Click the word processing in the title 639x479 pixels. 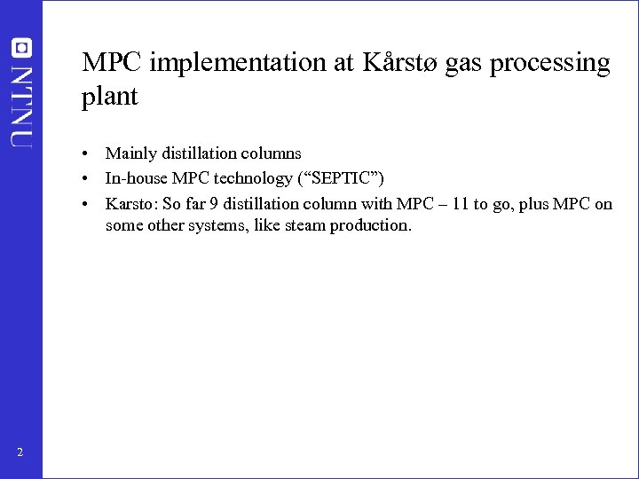559,63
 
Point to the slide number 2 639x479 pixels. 20,454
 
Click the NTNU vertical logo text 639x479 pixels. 21,103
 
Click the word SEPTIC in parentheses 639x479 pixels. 349,179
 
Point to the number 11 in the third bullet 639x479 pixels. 458,205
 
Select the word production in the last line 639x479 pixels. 371,225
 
